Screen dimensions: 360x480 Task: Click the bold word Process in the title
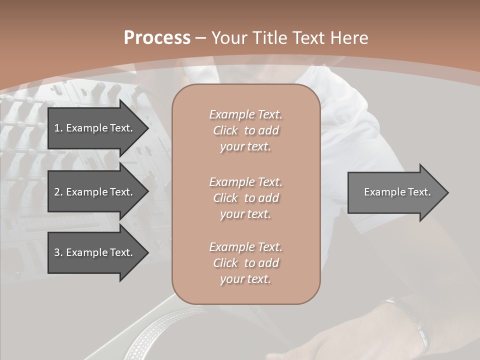pos(157,38)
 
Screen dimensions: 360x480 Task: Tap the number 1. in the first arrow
pos(58,128)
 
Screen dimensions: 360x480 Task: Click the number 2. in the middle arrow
pos(58,192)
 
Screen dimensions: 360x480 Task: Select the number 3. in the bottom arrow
pos(58,252)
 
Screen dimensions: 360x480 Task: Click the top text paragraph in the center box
pos(245,130)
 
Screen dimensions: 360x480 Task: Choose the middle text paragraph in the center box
pos(245,198)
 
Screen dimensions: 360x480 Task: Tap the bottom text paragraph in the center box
pos(245,263)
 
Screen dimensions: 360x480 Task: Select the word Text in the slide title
pos(310,38)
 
